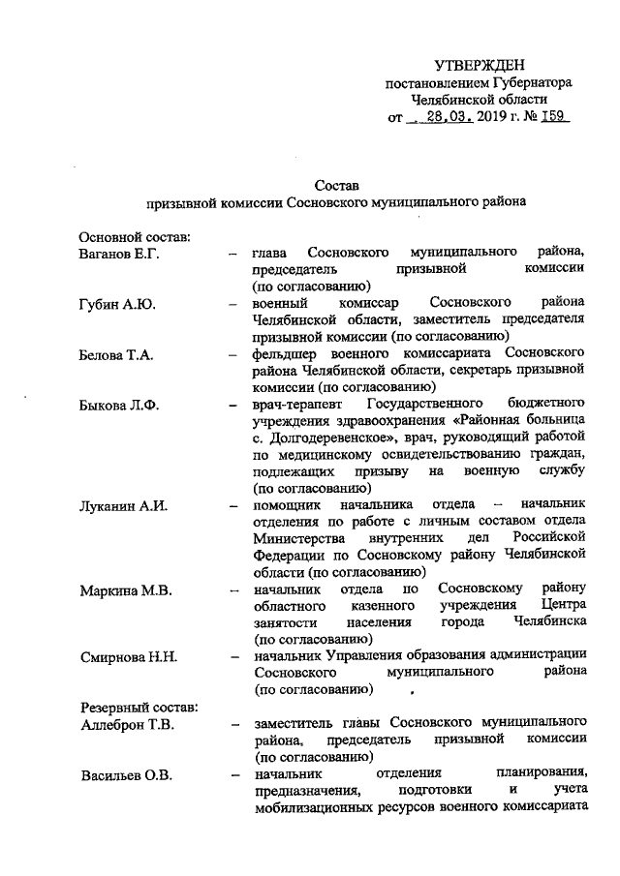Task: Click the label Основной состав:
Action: pos(134,236)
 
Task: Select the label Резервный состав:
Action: pos(139,707)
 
